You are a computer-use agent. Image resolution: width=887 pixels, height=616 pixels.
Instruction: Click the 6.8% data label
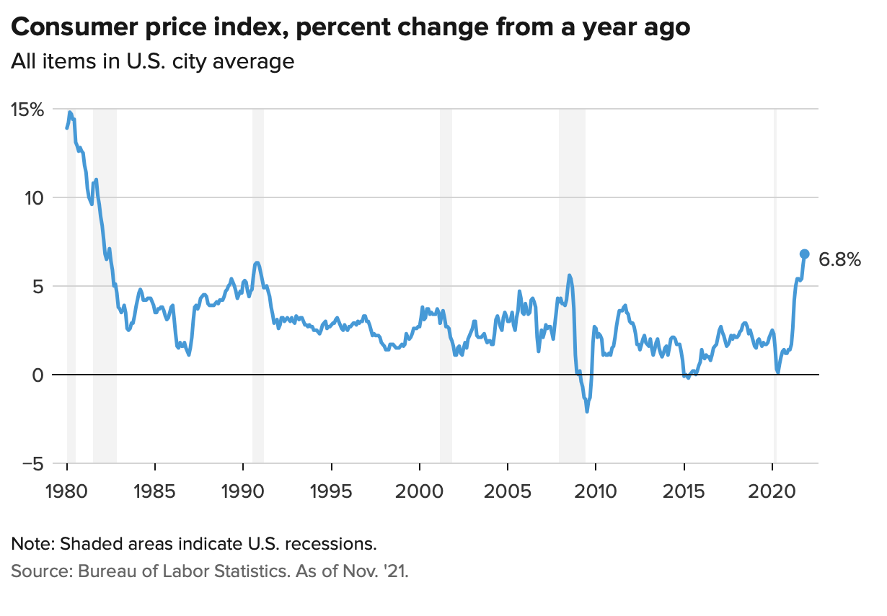pyautogui.click(x=840, y=260)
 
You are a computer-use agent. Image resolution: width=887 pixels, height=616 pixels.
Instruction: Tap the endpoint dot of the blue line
pyautogui.click(x=805, y=254)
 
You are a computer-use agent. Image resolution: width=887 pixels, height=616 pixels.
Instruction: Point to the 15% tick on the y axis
pyautogui.click(x=27, y=110)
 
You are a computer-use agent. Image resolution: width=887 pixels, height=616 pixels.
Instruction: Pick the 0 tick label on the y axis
pyautogui.click(x=38, y=375)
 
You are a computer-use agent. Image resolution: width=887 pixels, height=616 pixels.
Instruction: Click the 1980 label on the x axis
pyautogui.click(x=67, y=493)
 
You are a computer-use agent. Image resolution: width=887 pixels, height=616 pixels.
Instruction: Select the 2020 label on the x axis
pyautogui.click(x=772, y=493)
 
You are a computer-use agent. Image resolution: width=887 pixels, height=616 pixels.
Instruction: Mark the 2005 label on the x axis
pyautogui.click(x=508, y=493)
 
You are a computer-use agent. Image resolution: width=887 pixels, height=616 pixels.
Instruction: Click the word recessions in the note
pyautogui.click(x=333, y=543)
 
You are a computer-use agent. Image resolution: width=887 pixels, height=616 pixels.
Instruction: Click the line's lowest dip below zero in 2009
pyautogui.click(x=587, y=411)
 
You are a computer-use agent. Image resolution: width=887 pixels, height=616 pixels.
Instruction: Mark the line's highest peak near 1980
pyautogui.click(x=70, y=112)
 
